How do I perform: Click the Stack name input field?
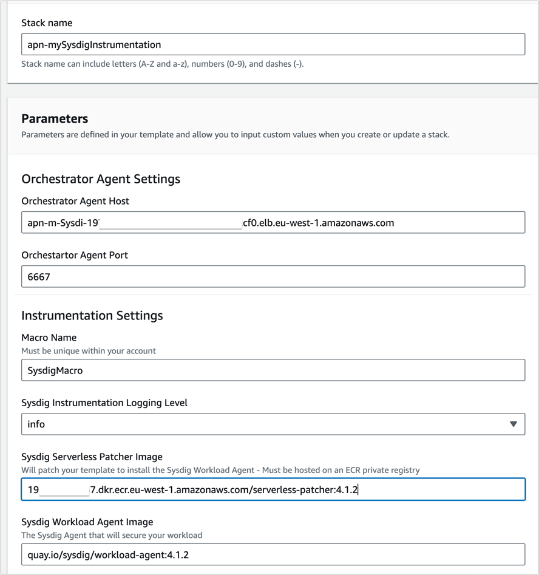click(x=273, y=44)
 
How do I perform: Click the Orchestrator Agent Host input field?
click(x=273, y=223)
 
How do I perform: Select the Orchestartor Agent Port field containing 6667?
click(x=273, y=277)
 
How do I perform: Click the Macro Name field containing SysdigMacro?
click(x=273, y=370)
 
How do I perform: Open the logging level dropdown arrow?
click(x=514, y=424)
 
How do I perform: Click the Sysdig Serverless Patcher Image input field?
click(x=273, y=489)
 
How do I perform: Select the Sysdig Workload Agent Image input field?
click(x=273, y=554)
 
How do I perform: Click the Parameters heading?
click(x=55, y=118)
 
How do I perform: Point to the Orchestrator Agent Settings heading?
click(x=101, y=179)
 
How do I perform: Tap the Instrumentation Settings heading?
click(x=92, y=315)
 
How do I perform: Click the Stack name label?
click(x=47, y=23)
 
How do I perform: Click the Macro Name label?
click(x=49, y=338)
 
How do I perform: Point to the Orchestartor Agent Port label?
click(x=75, y=255)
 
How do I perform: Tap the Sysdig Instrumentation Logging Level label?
click(x=104, y=403)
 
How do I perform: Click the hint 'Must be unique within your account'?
click(x=89, y=351)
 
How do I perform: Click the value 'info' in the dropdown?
click(x=36, y=424)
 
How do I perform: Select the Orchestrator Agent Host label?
click(x=75, y=201)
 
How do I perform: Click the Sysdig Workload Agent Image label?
click(x=87, y=522)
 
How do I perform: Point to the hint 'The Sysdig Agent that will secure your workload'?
click(x=112, y=535)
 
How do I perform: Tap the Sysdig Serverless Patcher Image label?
click(x=92, y=457)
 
